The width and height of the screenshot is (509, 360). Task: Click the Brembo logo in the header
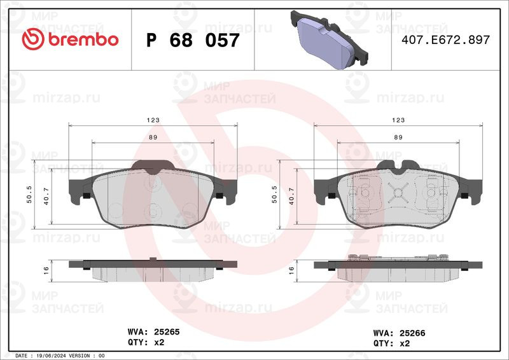[x=70, y=39]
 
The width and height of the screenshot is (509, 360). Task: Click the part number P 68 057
[x=193, y=40]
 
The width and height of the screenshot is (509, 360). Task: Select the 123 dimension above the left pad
[x=152, y=120]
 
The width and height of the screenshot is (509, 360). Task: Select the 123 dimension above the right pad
[x=398, y=120]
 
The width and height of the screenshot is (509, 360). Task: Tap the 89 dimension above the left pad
[x=153, y=137]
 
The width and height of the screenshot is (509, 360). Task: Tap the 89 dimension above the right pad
[x=398, y=137]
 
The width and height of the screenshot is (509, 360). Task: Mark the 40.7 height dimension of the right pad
[x=292, y=198]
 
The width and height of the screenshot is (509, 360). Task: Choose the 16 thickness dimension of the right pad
[x=292, y=270]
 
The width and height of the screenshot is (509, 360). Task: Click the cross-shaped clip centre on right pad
[x=398, y=193]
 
